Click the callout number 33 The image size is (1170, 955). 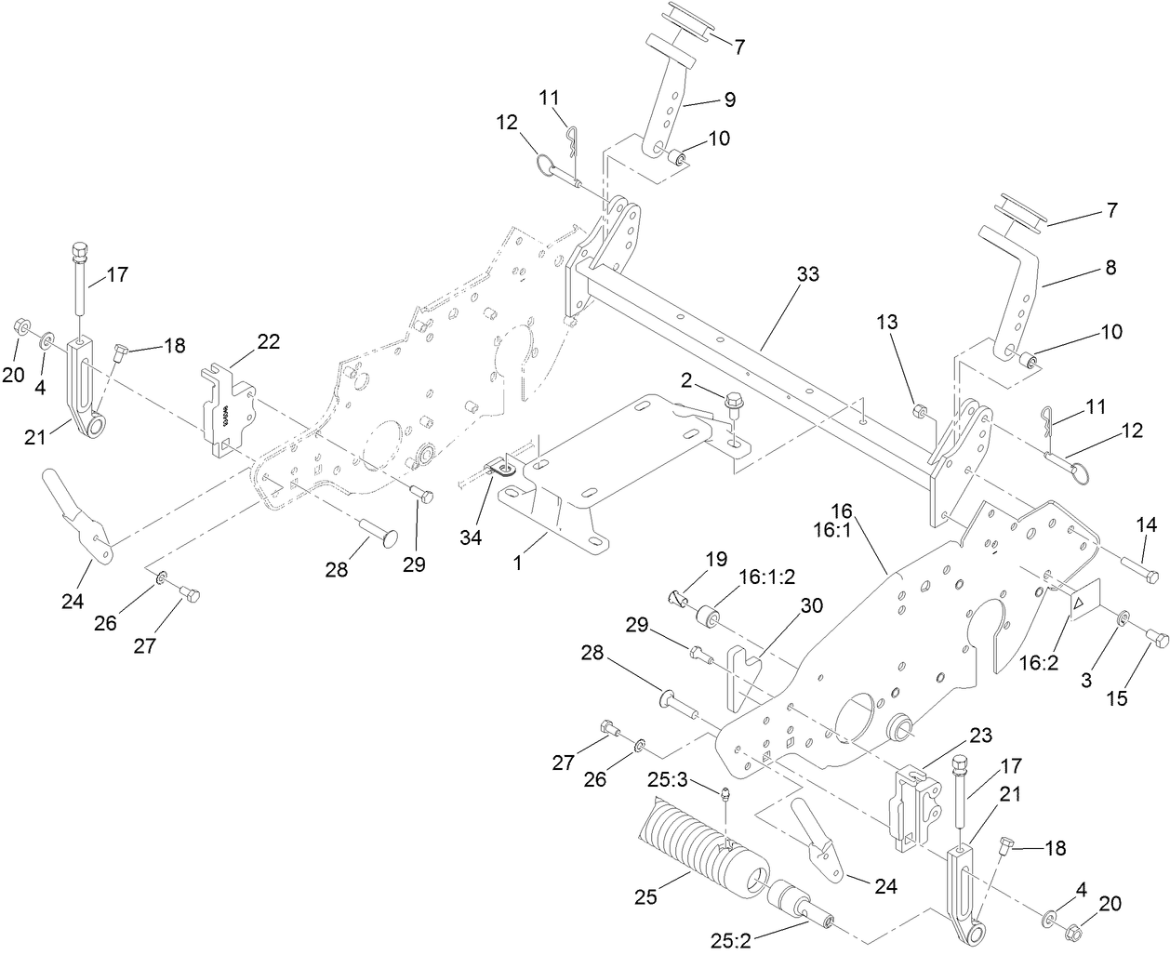pyautogui.click(x=809, y=275)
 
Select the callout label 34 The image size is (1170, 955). pyautogui.click(x=472, y=537)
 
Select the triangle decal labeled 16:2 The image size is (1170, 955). pyautogui.click(x=1080, y=603)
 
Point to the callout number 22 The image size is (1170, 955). pyautogui.click(x=268, y=341)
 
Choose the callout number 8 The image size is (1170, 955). pyautogui.click(x=1109, y=268)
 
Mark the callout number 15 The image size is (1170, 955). pyautogui.click(x=1117, y=697)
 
